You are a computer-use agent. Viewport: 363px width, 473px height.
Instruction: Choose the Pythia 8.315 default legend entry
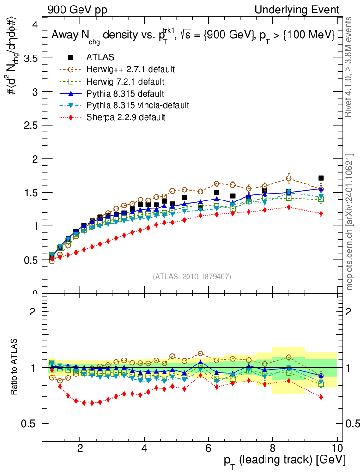(x=125, y=93)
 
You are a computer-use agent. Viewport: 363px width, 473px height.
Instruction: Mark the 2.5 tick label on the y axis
(x=31, y=125)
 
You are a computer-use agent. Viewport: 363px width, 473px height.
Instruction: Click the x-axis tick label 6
(x=209, y=449)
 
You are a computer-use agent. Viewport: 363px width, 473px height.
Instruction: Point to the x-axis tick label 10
(x=337, y=449)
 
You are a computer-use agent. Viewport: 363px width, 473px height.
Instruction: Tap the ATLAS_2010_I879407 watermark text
(x=192, y=277)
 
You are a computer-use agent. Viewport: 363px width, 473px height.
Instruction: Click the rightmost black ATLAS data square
(x=321, y=178)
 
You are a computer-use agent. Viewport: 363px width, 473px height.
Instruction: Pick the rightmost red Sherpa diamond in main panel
(x=321, y=213)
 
